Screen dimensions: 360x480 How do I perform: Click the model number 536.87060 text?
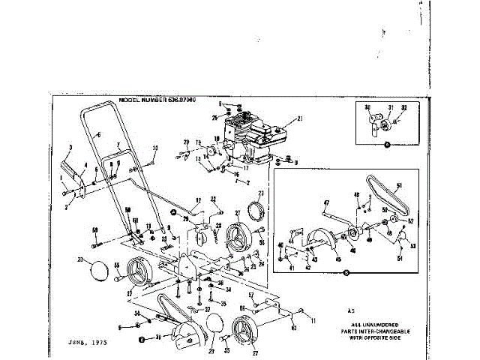[x=166, y=100]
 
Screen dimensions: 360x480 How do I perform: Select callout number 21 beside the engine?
[x=298, y=118]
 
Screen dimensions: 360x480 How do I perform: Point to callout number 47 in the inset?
[x=326, y=202]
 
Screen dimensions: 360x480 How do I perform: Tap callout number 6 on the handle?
[x=97, y=134]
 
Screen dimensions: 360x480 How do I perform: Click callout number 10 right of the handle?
[x=155, y=147]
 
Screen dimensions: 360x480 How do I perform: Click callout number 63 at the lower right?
[x=294, y=328]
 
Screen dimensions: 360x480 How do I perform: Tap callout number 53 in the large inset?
[x=412, y=244]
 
